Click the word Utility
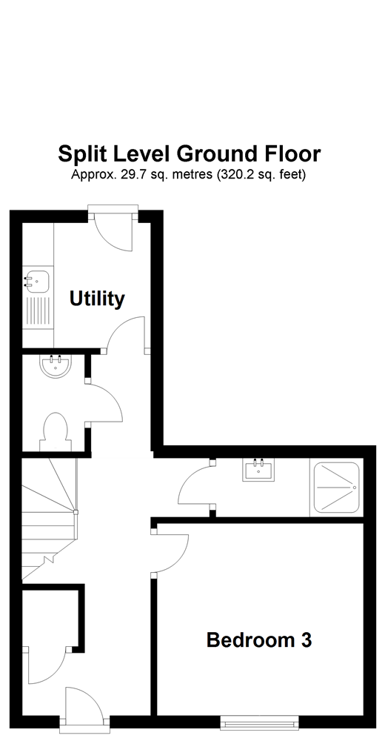(x=97, y=299)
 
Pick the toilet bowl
(x=56, y=431)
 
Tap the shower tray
(x=337, y=488)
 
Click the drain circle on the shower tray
(x=355, y=488)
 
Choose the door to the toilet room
(x=104, y=404)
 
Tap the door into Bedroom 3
(x=170, y=552)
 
